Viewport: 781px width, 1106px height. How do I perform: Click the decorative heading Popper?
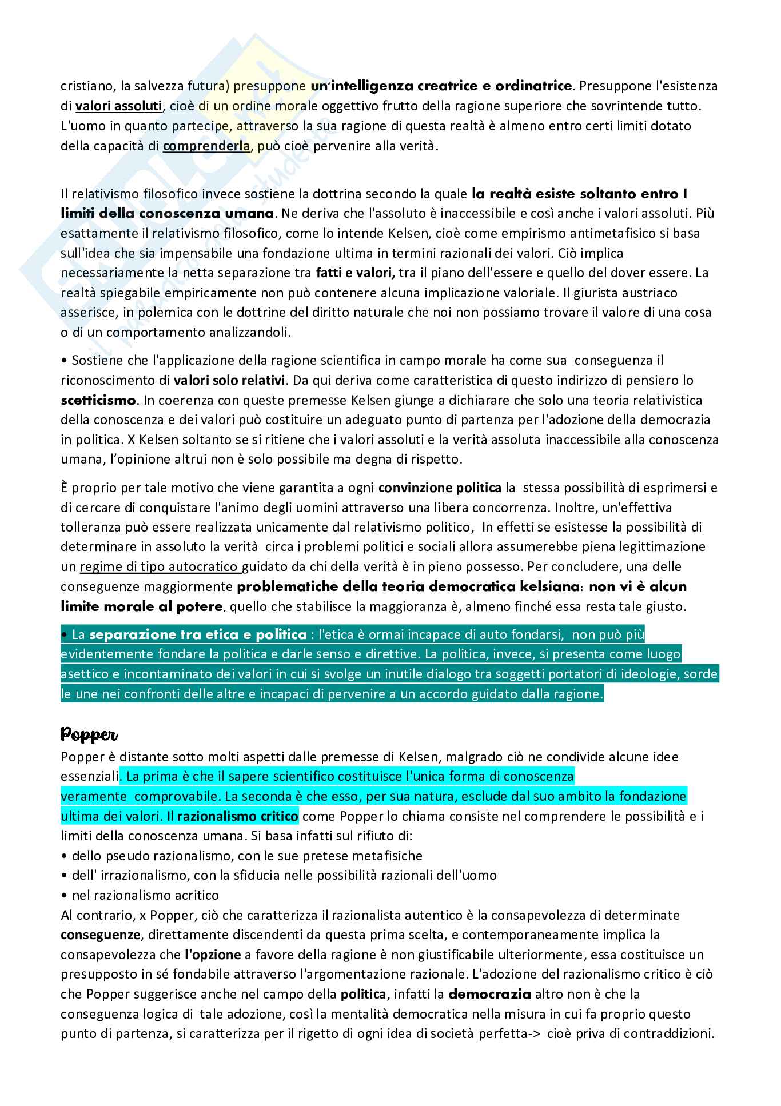(x=89, y=734)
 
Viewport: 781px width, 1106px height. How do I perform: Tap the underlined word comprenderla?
(x=206, y=146)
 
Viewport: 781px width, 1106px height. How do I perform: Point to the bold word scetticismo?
(x=99, y=400)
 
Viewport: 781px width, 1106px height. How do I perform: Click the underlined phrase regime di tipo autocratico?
(x=160, y=567)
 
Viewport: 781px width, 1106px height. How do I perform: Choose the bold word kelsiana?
(x=547, y=587)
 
